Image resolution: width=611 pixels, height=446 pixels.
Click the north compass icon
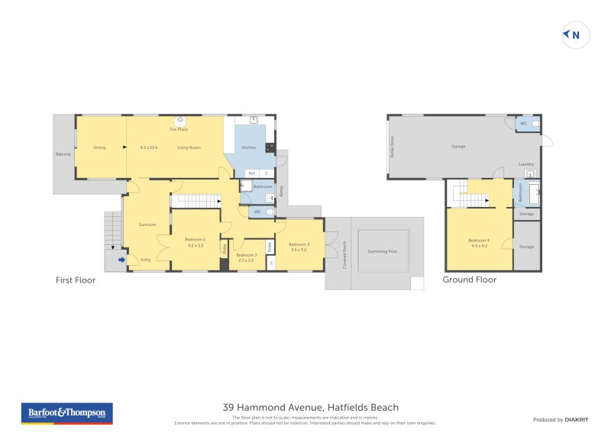click(576, 34)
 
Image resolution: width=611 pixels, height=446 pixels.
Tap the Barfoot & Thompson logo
click(66, 413)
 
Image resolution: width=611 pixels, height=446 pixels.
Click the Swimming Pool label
click(382, 251)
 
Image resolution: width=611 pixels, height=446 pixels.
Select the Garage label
click(458, 146)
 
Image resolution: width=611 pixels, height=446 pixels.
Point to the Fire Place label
click(179, 129)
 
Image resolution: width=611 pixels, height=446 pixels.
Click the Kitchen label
click(249, 147)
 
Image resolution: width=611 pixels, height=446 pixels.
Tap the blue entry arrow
click(121, 260)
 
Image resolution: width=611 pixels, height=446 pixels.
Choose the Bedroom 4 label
click(479, 241)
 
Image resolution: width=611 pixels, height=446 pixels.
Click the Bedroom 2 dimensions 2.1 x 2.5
click(245, 260)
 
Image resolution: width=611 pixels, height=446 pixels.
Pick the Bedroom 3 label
click(298, 244)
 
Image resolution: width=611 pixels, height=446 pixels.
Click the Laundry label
click(525, 164)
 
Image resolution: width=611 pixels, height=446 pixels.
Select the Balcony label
click(63, 155)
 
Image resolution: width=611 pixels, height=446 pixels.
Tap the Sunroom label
click(147, 225)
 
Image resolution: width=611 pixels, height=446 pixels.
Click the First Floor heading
click(75, 280)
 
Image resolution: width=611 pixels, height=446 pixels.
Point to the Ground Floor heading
click(469, 280)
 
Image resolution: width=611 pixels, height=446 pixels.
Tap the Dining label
click(99, 147)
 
